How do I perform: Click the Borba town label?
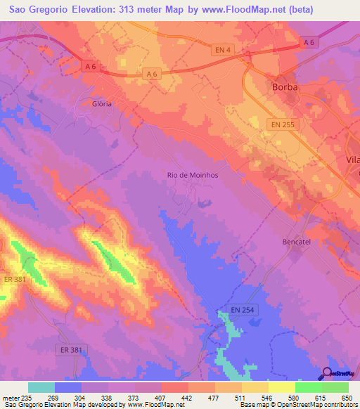(x=285, y=88)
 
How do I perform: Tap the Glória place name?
(x=102, y=103)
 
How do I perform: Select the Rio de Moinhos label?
(x=192, y=175)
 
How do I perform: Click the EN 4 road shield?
(x=222, y=50)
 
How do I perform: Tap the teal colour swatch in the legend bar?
(x=41, y=387)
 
